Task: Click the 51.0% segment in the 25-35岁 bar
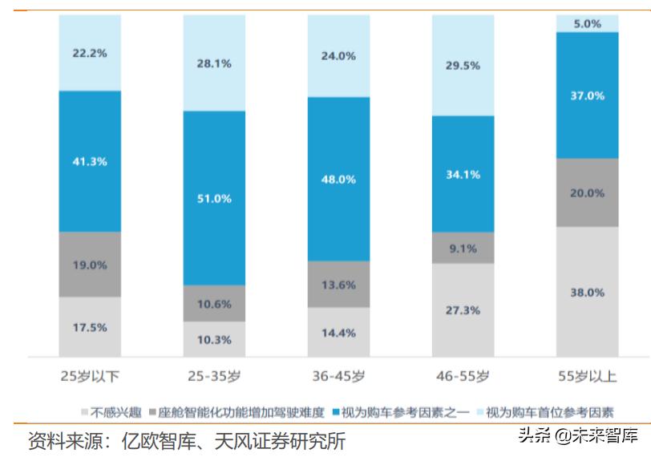click(214, 197)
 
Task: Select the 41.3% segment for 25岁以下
click(90, 161)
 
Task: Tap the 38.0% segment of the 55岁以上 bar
click(587, 292)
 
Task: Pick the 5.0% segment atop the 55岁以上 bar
click(587, 23)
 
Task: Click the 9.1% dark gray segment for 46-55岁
click(463, 248)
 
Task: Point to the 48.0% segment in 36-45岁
click(338, 179)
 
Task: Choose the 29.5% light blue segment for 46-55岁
click(463, 66)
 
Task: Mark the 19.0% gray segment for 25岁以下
click(90, 265)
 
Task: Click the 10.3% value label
click(214, 340)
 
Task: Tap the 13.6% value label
click(338, 285)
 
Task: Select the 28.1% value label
click(214, 63)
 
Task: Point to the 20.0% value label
click(587, 192)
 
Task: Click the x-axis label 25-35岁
click(214, 375)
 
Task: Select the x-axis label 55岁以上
click(587, 375)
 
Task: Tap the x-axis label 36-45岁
click(338, 375)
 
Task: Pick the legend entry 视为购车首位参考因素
click(549, 413)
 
